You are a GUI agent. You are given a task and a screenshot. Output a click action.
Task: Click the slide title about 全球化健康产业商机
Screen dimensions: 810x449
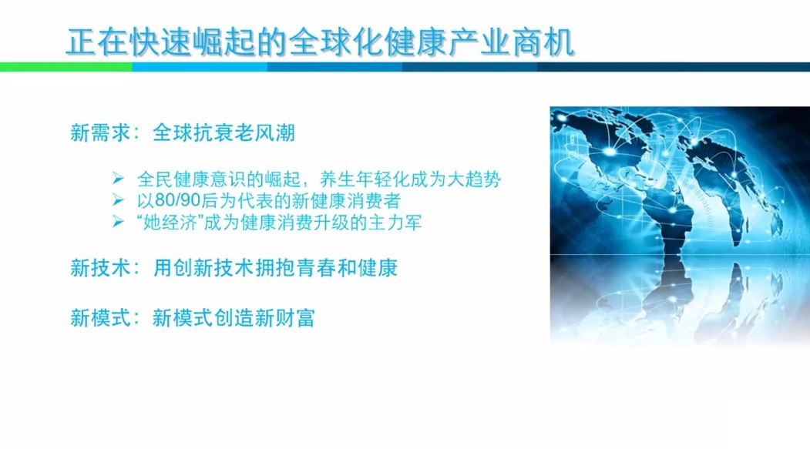321,42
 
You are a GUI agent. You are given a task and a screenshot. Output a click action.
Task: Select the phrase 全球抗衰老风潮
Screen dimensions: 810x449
224,132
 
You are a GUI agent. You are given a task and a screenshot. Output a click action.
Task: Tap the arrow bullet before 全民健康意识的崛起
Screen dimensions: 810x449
118,179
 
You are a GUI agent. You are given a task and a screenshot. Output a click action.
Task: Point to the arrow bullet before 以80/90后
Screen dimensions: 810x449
118,200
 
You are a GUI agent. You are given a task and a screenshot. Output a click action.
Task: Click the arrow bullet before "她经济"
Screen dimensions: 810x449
118,222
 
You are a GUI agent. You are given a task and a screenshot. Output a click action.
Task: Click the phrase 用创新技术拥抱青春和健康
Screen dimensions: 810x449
275,268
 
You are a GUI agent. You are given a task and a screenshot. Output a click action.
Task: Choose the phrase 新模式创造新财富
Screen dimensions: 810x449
234,318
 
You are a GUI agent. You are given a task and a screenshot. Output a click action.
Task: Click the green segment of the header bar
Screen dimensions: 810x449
66,67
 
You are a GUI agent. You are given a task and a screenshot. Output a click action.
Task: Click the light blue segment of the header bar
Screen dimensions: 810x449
200,67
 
